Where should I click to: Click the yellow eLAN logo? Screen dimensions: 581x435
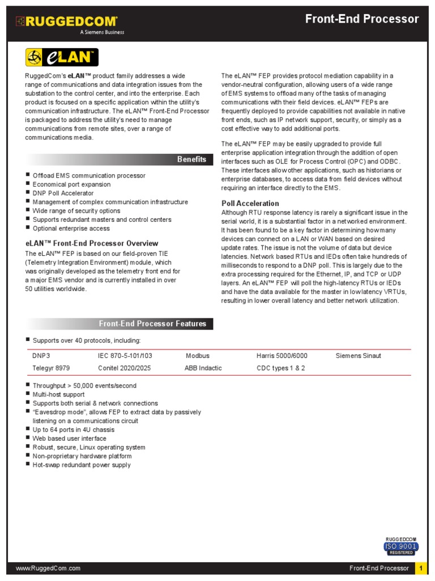click(62, 57)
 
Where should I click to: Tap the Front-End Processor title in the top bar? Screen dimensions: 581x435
click(362, 19)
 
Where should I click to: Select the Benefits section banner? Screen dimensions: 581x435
click(191, 159)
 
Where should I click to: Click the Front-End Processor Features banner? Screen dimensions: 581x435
click(152, 324)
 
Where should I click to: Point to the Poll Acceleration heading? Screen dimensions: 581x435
click(250, 203)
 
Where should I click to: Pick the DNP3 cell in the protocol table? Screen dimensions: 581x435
click(41, 356)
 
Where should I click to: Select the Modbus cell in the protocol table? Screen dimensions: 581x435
click(197, 356)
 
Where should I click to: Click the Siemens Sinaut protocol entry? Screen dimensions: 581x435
click(358, 356)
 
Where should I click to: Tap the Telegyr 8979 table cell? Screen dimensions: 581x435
click(51, 368)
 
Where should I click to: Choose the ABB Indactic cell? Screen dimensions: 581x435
click(203, 368)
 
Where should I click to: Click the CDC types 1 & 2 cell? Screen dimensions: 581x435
click(280, 368)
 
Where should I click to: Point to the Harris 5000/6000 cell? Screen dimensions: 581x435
click(282, 356)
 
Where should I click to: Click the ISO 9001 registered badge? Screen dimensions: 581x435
click(401, 546)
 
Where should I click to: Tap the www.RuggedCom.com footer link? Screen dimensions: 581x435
click(48, 568)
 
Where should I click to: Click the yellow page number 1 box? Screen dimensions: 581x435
click(422, 568)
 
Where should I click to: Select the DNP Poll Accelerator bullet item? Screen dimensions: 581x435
click(63, 193)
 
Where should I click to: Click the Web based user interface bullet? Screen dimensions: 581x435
click(69, 439)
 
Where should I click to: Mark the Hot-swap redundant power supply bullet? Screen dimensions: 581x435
click(82, 465)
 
